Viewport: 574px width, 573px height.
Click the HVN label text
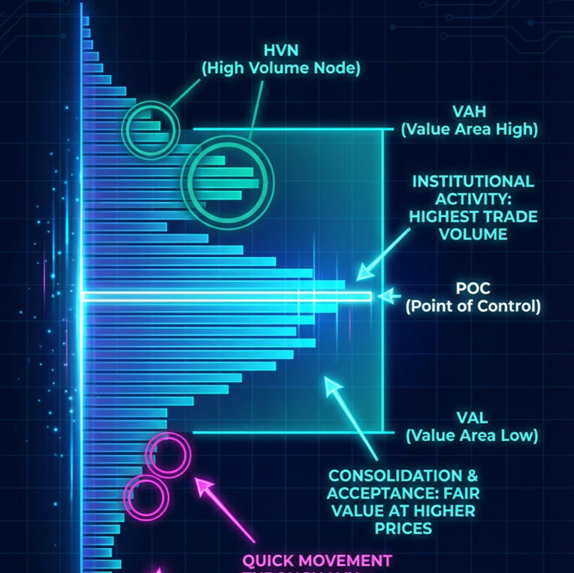281,51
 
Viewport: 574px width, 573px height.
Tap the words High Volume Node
281,68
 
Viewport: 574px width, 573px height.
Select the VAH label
470,112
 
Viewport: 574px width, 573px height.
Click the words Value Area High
470,129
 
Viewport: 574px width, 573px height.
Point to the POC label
473,288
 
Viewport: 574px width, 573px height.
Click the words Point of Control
473,306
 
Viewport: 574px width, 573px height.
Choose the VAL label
472,418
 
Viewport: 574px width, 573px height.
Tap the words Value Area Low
472,435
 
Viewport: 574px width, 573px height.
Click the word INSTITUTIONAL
473,182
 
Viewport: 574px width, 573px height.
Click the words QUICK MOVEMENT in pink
316,561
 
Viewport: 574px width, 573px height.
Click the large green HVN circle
228,182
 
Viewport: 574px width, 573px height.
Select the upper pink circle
168,454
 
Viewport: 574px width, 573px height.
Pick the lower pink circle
147,496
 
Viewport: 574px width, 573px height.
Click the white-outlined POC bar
225,297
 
